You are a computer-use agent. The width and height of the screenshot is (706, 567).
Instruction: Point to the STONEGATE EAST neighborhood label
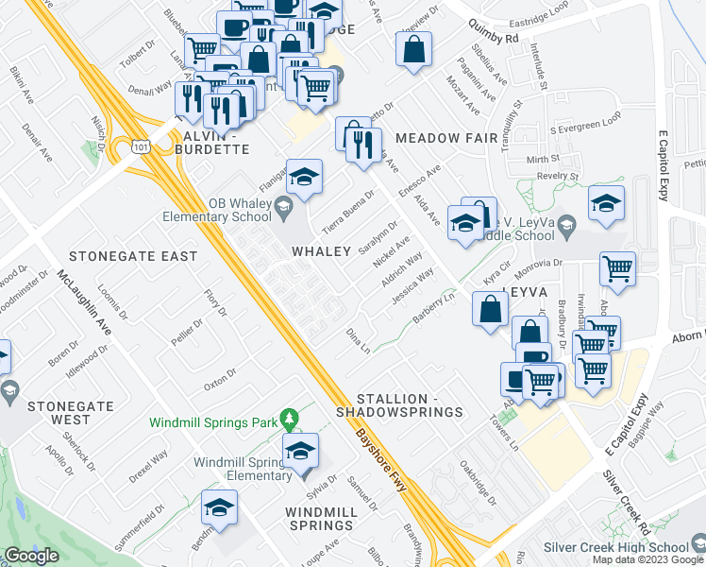click(x=133, y=256)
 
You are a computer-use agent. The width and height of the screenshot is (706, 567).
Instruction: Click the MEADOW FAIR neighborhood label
click(x=446, y=138)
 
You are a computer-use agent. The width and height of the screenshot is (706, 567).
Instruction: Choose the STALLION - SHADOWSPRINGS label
click(x=410, y=405)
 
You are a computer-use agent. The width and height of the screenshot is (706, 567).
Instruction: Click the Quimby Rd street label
click(x=498, y=39)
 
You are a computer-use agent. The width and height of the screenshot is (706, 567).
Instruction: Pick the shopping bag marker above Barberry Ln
click(x=490, y=310)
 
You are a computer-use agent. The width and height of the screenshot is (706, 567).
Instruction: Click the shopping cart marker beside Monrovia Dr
click(x=617, y=269)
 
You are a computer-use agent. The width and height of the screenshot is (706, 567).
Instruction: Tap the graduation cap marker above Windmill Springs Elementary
click(x=301, y=450)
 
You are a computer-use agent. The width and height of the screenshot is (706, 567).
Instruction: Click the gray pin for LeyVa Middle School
click(x=565, y=223)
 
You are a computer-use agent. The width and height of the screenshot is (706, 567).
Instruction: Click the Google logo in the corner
click(x=31, y=556)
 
